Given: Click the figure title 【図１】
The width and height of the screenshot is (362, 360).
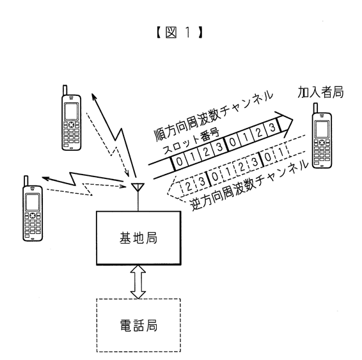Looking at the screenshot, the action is pyautogui.click(x=179, y=33).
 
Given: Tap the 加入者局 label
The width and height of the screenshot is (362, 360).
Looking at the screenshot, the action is pyautogui.click(x=320, y=92).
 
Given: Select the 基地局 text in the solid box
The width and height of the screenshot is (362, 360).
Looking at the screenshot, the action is pyautogui.click(x=138, y=238).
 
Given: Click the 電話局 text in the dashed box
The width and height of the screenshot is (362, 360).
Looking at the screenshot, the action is pyautogui.click(x=139, y=325).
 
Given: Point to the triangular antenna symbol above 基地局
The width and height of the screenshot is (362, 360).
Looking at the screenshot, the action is pyautogui.click(x=138, y=187).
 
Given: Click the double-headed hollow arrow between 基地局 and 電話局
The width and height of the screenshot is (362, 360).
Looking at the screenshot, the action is pyautogui.click(x=138, y=282).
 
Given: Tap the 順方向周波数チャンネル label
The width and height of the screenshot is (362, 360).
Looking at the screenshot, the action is pyautogui.click(x=214, y=115).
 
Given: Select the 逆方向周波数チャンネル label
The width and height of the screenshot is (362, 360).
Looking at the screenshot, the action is pyautogui.click(x=249, y=185).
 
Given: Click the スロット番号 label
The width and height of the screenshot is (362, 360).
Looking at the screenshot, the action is pyautogui.click(x=191, y=141).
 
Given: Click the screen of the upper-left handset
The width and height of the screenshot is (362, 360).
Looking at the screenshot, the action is pyautogui.click(x=71, y=111).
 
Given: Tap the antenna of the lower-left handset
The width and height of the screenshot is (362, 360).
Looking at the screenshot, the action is pyautogui.click(x=26, y=181).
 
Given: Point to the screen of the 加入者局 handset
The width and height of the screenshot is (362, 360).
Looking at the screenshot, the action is pyautogui.click(x=322, y=129).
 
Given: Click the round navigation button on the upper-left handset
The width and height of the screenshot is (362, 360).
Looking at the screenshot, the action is pyautogui.click(x=71, y=125).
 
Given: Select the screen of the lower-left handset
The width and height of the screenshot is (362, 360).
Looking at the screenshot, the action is pyautogui.click(x=33, y=203).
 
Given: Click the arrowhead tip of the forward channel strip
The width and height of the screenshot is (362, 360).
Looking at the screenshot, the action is pyautogui.click(x=293, y=120).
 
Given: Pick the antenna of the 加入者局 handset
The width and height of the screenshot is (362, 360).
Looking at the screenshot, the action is pyautogui.click(x=315, y=108).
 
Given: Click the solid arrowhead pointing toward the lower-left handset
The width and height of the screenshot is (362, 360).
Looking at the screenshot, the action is pyautogui.click(x=45, y=178).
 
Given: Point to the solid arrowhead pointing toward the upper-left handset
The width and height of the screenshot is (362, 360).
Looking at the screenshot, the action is pyautogui.click(x=94, y=97).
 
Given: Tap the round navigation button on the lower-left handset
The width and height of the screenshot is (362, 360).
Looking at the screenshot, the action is pyautogui.click(x=33, y=215).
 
